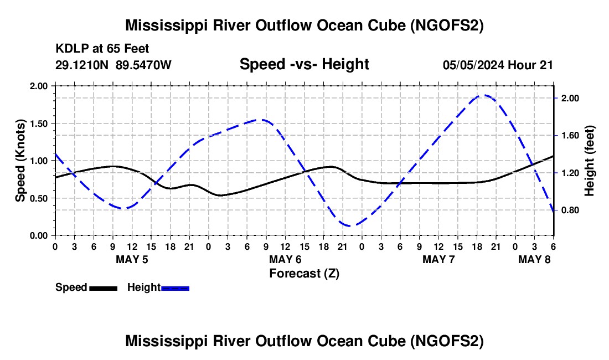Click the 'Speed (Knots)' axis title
(x=20, y=161)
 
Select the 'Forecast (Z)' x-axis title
(x=304, y=273)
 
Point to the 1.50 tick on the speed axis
(x=40, y=124)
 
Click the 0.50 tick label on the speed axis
(x=40, y=198)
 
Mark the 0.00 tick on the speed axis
(x=40, y=235)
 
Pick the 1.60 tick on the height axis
(x=570, y=136)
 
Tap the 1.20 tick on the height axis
(x=570, y=173)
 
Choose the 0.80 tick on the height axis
(x=570, y=210)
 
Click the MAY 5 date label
(x=132, y=259)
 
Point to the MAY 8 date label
(x=535, y=259)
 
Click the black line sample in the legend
(x=103, y=288)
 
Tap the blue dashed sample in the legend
(x=175, y=288)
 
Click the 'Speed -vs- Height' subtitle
(x=304, y=64)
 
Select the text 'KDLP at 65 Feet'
(x=102, y=49)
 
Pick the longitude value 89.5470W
(x=144, y=65)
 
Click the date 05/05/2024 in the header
(x=473, y=65)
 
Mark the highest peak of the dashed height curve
(x=483, y=95)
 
